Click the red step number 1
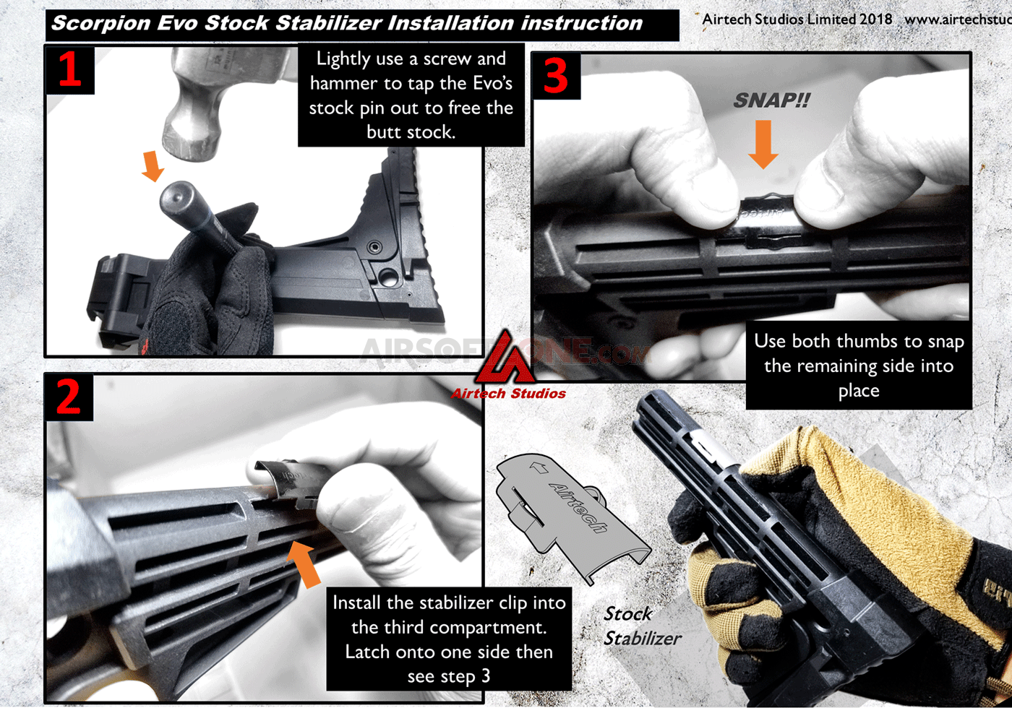pos(69,70)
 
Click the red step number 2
pos(69,397)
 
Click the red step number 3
pos(555,76)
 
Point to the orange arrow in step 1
pos(153,167)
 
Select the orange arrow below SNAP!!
pos(763,144)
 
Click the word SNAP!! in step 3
pos(771,100)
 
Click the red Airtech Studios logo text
pos(508,394)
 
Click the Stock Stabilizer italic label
pos(641,626)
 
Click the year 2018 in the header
pos(875,20)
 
